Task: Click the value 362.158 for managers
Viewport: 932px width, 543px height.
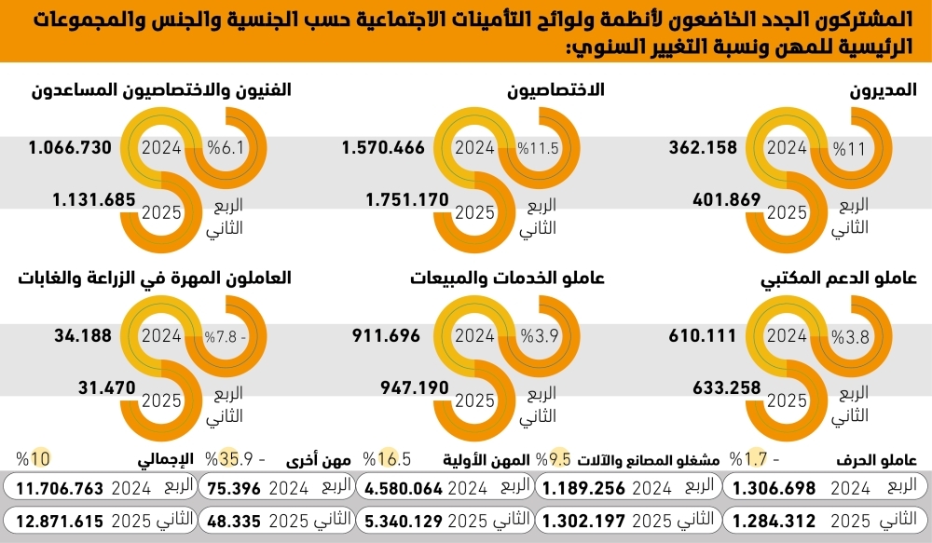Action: tap(703, 148)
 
